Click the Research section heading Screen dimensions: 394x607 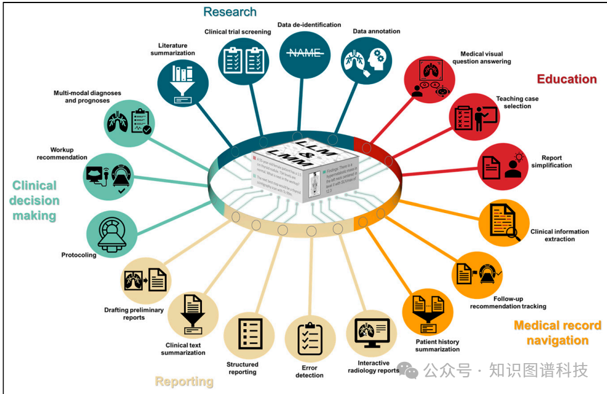[x=230, y=12]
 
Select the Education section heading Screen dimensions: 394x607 [x=566, y=79]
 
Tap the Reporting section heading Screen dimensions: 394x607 [x=184, y=382]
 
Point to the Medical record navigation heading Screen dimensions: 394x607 [x=557, y=333]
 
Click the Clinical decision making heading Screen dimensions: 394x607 [x=35, y=201]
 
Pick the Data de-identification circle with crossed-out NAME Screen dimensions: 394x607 [x=304, y=54]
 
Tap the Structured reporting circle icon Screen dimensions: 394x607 [x=249, y=335]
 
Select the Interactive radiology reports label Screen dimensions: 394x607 [x=374, y=367]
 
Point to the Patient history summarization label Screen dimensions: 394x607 [x=437, y=345]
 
